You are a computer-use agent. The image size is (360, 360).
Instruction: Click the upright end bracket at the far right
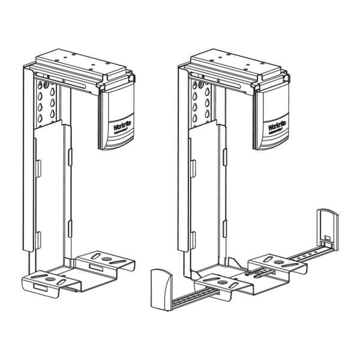tap(328, 229)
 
